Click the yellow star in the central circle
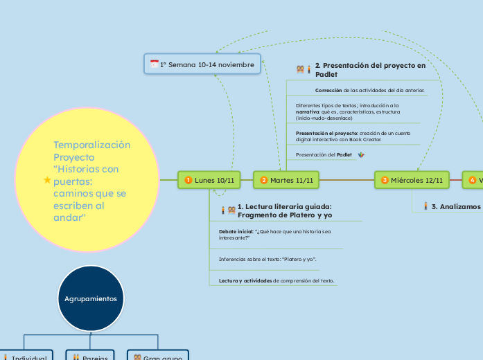tap(47, 180)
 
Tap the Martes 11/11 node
tap(286, 180)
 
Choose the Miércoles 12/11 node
tap(412, 180)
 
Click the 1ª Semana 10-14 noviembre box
tap(202, 64)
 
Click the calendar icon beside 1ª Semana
tap(154, 64)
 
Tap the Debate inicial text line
tap(274, 234)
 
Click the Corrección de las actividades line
tap(369, 90)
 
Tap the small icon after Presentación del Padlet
tap(361, 154)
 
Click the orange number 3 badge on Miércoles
tap(385, 180)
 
